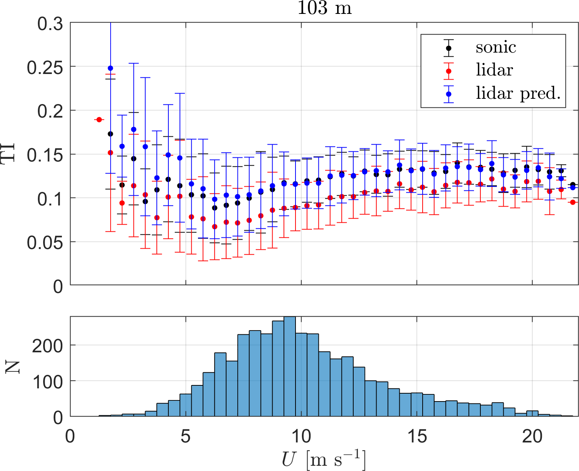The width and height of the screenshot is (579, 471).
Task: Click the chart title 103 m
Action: click(x=325, y=8)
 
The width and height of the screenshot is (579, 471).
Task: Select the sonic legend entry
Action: click(x=496, y=48)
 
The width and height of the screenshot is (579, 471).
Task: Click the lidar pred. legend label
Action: click(x=518, y=93)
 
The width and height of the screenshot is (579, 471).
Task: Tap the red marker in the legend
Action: click(x=448, y=71)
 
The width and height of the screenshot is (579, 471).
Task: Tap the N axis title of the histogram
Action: click(x=13, y=367)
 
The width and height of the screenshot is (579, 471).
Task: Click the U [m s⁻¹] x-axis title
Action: click(x=324, y=459)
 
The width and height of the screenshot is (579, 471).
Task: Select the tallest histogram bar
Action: click(x=289, y=367)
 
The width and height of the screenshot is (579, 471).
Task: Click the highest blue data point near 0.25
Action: click(x=110, y=68)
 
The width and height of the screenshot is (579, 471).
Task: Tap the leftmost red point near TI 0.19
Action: click(x=99, y=120)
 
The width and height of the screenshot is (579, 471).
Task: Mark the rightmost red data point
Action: click(x=573, y=202)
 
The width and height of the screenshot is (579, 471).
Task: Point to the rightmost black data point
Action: click(x=573, y=184)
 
